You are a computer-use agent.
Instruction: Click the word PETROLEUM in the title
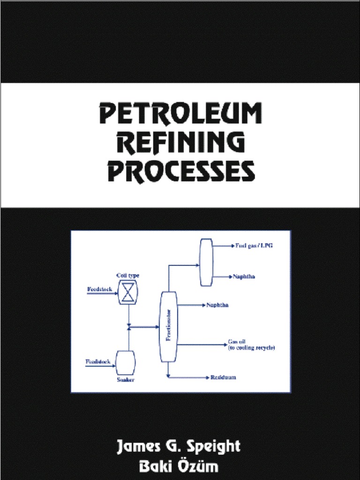pyautogui.click(x=180, y=114)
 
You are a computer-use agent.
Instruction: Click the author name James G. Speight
pyautogui.click(x=179, y=446)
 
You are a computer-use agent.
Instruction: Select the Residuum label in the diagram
pyautogui.click(x=223, y=377)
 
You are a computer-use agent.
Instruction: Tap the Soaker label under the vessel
pyautogui.click(x=125, y=379)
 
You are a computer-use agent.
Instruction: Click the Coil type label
pyautogui.click(x=127, y=275)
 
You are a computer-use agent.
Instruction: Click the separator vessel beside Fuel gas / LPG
pyautogui.click(x=206, y=262)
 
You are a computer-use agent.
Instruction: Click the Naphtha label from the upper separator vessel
pyautogui.click(x=244, y=277)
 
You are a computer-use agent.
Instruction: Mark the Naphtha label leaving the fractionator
pyautogui.click(x=217, y=305)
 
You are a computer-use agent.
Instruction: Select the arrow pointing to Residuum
pyautogui.click(x=206, y=377)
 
